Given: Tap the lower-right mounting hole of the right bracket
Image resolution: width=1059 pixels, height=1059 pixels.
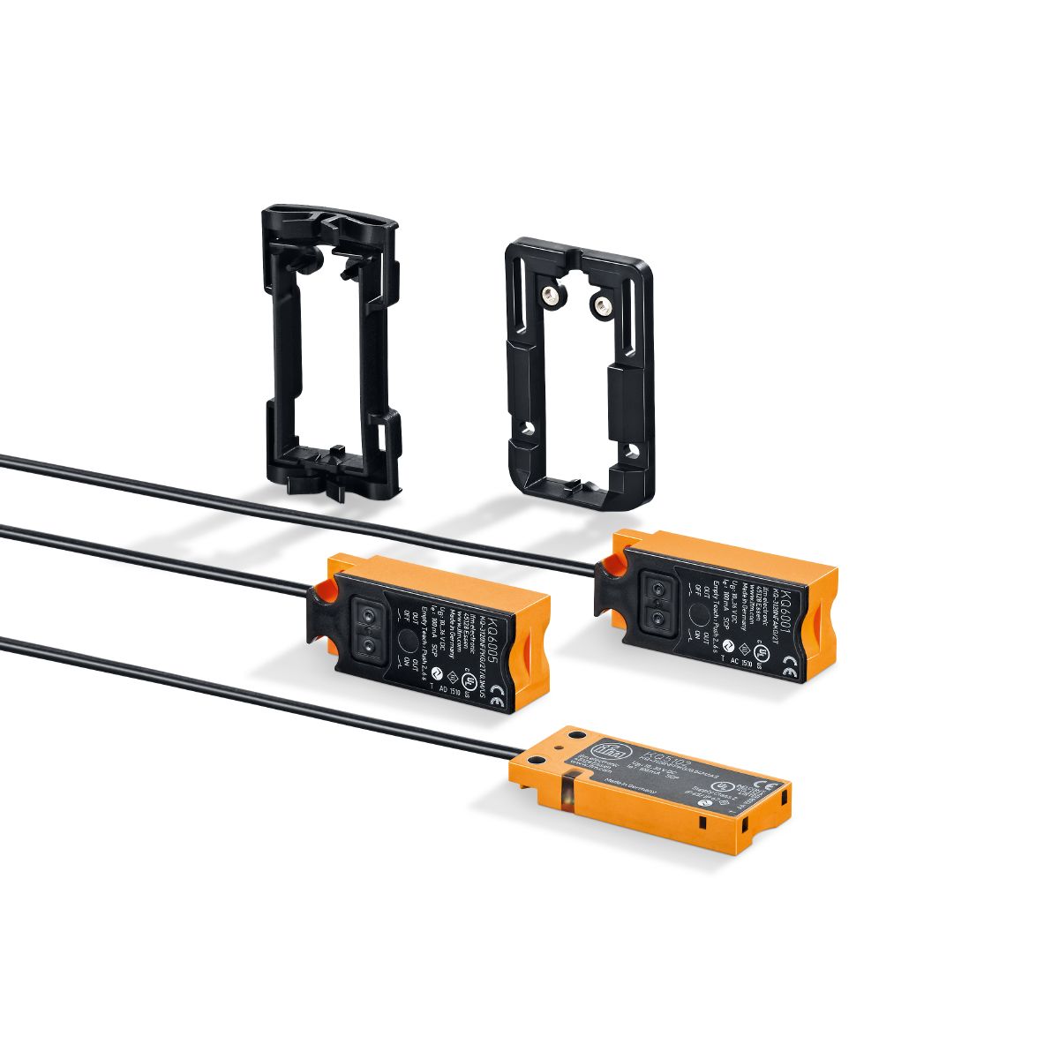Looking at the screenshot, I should tap(630, 451).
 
